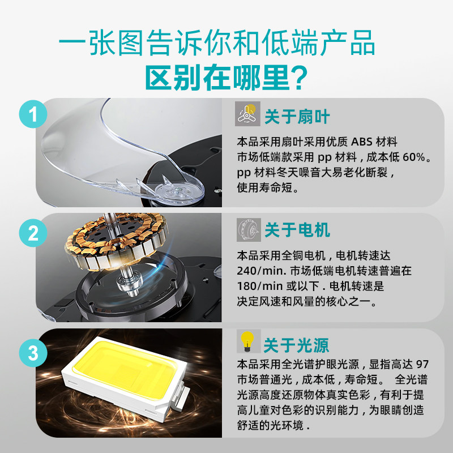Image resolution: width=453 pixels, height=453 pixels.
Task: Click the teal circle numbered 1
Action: click(34, 117)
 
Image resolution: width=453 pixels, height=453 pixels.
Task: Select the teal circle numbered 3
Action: click(34, 354)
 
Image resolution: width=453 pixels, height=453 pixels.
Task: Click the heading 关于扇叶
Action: click(297, 117)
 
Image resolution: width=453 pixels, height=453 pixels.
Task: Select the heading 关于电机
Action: click(297, 230)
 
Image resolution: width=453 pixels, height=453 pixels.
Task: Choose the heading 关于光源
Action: click(296, 345)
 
